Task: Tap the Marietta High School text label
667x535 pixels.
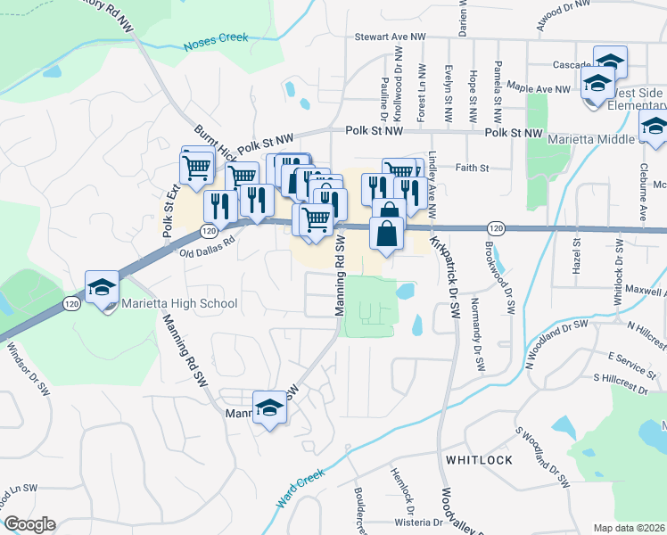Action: tap(181, 303)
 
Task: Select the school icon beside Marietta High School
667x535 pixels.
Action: tap(102, 288)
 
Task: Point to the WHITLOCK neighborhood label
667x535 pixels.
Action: tap(479, 459)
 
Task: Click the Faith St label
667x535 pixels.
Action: tap(472, 167)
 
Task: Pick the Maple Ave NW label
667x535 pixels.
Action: tap(538, 89)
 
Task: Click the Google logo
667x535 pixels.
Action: tap(29, 524)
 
